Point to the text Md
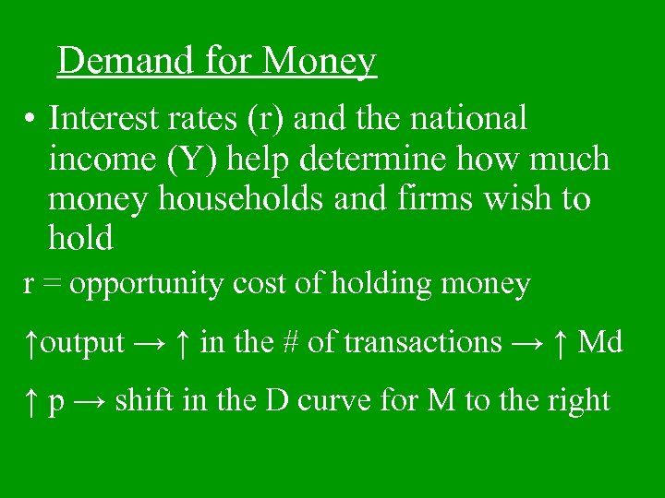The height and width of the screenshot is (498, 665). tap(599, 343)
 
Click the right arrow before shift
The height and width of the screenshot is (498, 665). tap(91, 401)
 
